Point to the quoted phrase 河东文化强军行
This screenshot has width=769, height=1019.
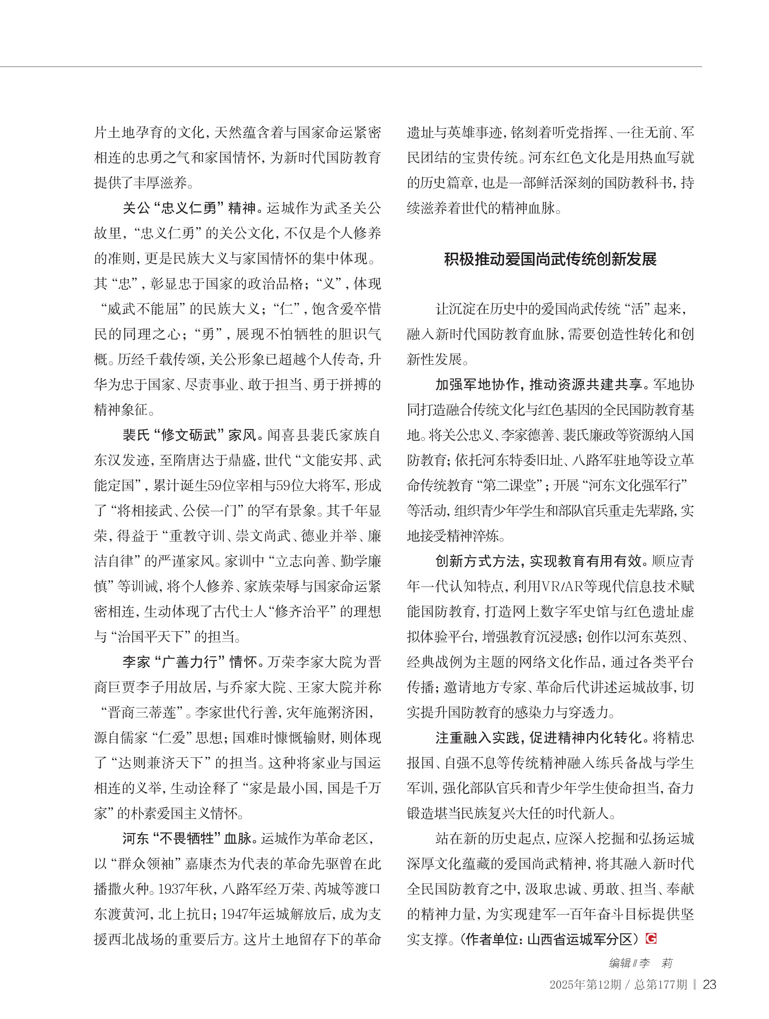point(635,485)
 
